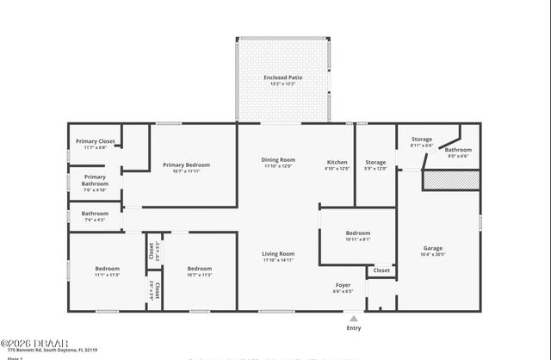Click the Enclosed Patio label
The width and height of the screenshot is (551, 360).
pos(283,78)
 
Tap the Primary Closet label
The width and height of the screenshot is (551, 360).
pos(95,141)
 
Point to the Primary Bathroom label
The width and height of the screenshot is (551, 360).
pos(95,180)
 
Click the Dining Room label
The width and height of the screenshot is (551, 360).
pos(278,159)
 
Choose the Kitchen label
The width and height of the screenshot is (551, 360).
pos(337,162)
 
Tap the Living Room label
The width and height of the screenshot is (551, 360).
pos(278,254)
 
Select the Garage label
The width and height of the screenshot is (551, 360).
pos(432,248)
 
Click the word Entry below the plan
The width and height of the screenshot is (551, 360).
pos(354,328)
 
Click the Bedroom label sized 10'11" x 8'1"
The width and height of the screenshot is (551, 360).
pos(358,233)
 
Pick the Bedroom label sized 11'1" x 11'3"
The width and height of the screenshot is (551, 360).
pos(107,269)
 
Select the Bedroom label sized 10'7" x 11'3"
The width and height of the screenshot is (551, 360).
pos(200,269)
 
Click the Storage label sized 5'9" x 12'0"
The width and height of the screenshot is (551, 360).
pos(375,162)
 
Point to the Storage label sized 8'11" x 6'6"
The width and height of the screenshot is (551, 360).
pos(421,139)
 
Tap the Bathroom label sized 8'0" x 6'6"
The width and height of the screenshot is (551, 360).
pos(458,150)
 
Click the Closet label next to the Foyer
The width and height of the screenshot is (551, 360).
pos(381,270)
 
